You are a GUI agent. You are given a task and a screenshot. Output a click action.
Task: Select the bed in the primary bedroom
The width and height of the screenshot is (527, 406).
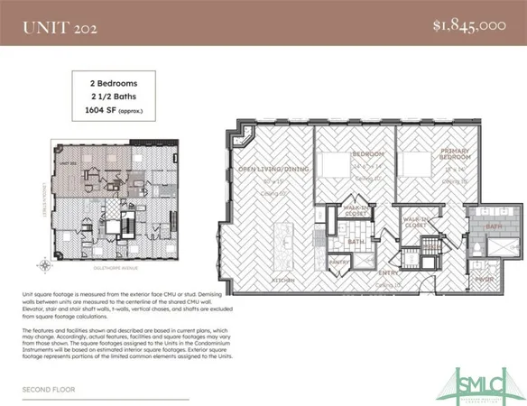tap(416, 163)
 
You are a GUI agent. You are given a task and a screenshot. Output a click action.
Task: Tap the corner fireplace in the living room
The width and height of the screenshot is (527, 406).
tap(241, 139)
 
